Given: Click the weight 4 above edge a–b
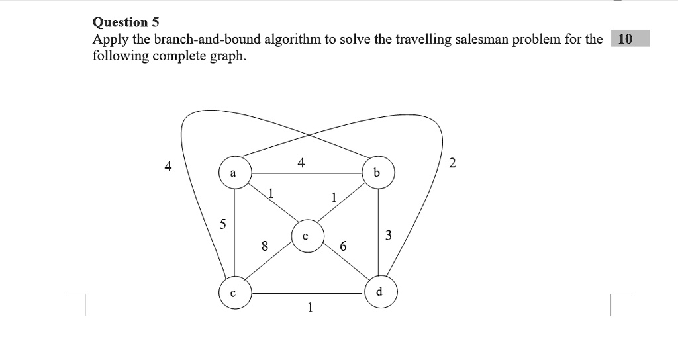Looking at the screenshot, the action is (x=301, y=163).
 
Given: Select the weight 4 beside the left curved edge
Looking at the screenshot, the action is (x=168, y=166).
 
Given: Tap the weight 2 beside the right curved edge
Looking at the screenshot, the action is (x=452, y=163).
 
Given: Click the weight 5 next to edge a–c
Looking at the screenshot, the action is (x=222, y=224).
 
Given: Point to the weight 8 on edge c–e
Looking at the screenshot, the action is (x=265, y=246).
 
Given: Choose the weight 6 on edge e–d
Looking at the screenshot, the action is (x=344, y=246).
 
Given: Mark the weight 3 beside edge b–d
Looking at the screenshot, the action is (x=388, y=235).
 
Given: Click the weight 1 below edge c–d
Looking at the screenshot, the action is (x=310, y=307).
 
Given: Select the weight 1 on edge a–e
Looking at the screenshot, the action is (x=271, y=193).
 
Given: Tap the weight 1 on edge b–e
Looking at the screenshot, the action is (x=334, y=197).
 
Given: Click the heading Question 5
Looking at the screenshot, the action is (x=126, y=22).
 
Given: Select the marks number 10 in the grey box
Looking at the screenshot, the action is (x=625, y=39).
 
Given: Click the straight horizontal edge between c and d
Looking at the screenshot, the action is (x=308, y=293).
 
